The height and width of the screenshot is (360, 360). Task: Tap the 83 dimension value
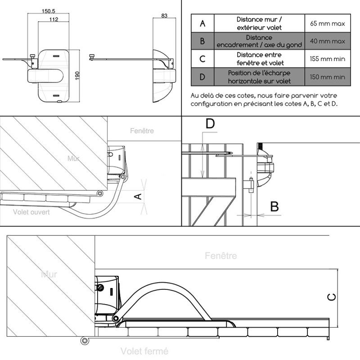[x=164, y=16]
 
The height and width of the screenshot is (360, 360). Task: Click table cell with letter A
[x=202, y=23]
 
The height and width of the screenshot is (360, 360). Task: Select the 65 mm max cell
[x=328, y=23]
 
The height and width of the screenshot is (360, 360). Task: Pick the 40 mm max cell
[x=328, y=41]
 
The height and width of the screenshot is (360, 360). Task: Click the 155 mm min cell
[x=328, y=58]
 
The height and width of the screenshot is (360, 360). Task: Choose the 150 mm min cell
[x=328, y=77]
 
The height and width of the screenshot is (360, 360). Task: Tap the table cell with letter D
[x=202, y=77]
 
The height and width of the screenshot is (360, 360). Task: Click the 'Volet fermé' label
[x=144, y=351]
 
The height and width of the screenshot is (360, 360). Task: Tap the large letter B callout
[x=274, y=207]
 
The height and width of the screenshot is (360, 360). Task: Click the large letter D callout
[x=210, y=124]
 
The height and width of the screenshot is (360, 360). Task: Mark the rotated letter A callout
[x=139, y=196]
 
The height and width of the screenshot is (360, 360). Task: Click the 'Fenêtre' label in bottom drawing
[x=220, y=256]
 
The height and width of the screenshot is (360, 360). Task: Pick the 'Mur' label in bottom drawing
[x=49, y=274]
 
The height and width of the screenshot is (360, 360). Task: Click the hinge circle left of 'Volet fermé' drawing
[x=84, y=341]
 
